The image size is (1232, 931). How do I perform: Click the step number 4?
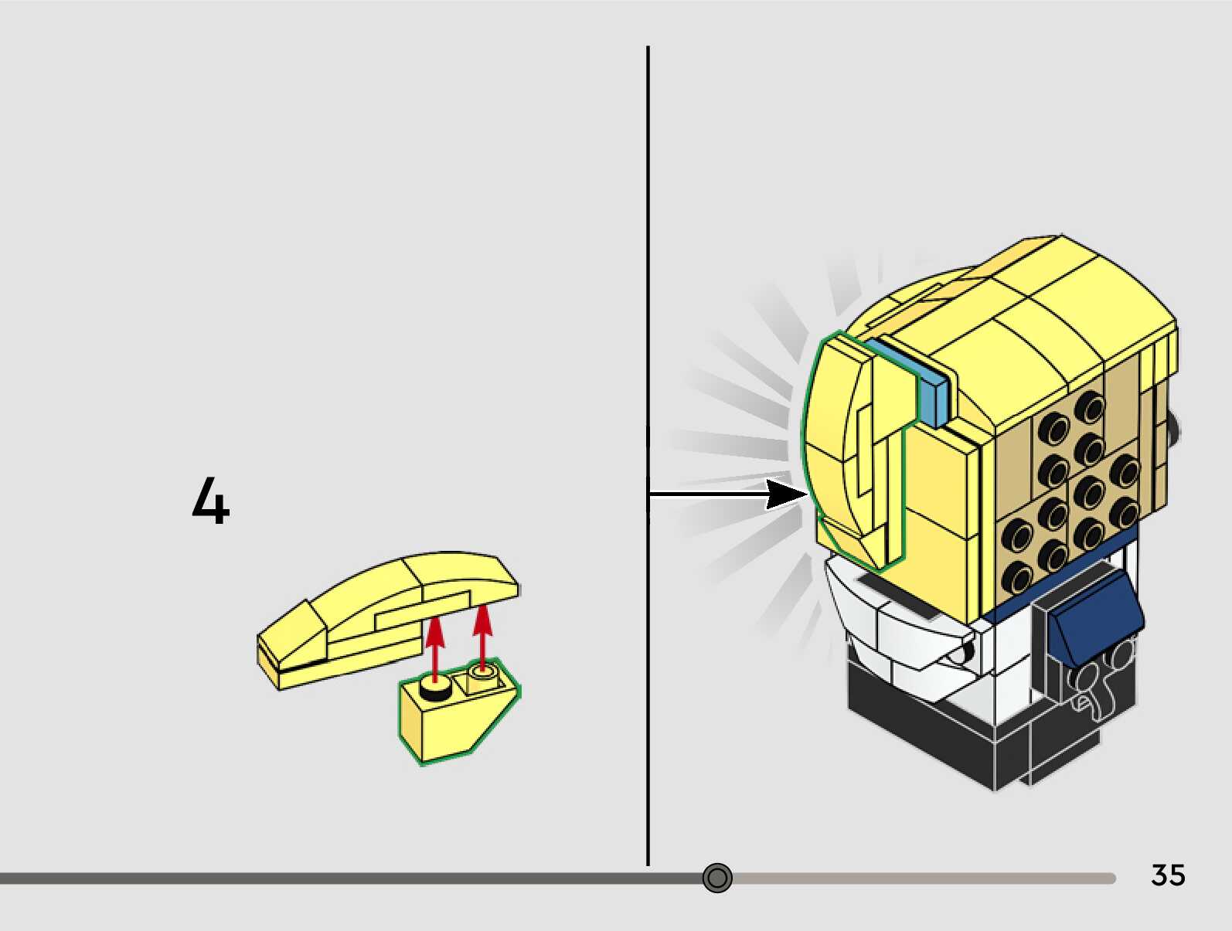coord(210,501)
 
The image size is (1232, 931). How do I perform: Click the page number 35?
coord(1168,875)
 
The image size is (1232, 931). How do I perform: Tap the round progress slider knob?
coord(717,878)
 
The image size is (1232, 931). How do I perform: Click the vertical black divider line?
coord(648,309)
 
